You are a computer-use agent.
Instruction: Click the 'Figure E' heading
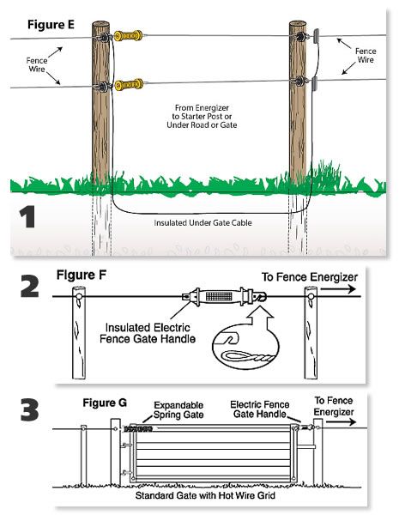pyautogui.click(x=51, y=25)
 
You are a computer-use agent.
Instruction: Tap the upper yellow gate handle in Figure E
pyautogui.click(x=129, y=35)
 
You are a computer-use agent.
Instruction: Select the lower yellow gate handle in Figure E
pyautogui.click(x=129, y=85)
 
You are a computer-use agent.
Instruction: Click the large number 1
pyautogui.click(x=27, y=217)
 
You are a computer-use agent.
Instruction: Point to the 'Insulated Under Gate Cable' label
pyautogui.click(x=203, y=222)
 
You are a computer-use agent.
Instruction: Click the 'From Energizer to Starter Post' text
pyautogui.click(x=202, y=116)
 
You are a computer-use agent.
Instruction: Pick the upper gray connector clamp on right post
pyautogui.click(x=317, y=36)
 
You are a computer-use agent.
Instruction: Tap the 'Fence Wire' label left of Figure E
pyautogui.click(x=37, y=64)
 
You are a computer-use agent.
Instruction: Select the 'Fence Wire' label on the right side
pyautogui.click(x=366, y=55)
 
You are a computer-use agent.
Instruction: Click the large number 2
pyautogui.click(x=29, y=287)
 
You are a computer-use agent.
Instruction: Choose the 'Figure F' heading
pyautogui.click(x=82, y=275)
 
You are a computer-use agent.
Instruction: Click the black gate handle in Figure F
pyautogui.click(x=224, y=296)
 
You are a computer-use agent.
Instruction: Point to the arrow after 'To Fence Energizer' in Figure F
pyautogui.click(x=338, y=289)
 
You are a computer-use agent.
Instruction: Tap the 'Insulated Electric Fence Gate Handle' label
pyautogui.click(x=148, y=333)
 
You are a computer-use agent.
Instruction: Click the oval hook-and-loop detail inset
pyautogui.click(x=245, y=347)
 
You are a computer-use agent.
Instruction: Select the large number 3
pyautogui.click(x=29, y=410)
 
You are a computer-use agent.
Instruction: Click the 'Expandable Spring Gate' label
pyautogui.click(x=178, y=410)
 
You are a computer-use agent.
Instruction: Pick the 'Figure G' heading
pyautogui.click(x=105, y=403)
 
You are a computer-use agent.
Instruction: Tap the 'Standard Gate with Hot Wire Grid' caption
pyautogui.click(x=205, y=495)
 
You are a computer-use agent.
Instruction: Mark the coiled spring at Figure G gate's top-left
pyautogui.click(x=138, y=429)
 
